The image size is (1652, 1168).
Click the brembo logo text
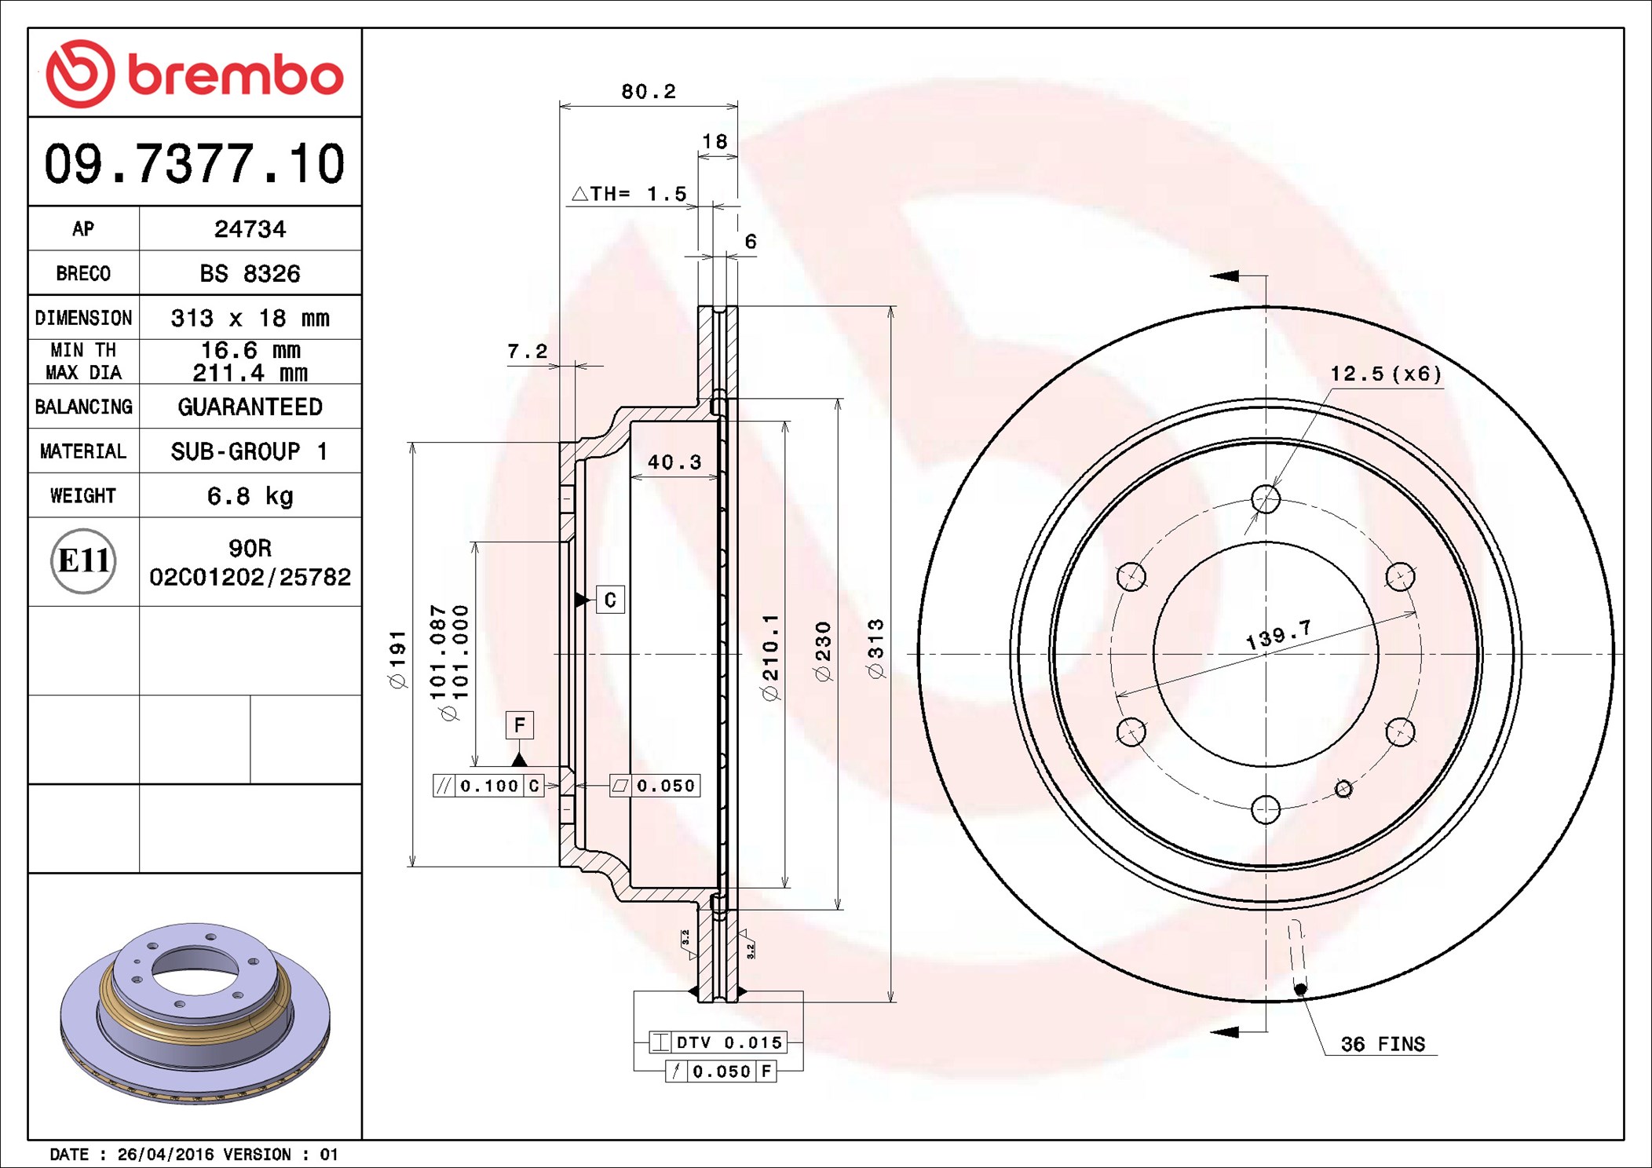click(x=235, y=75)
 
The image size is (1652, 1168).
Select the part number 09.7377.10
click(x=194, y=164)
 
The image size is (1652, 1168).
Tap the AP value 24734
click(x=250, y=229)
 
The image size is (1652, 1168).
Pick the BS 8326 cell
click(x=250, y=273)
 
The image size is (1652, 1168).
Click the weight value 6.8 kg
click(x=250, y=496)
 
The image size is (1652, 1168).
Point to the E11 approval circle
click(x=83, y=561)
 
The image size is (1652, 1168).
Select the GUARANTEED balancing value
click(x=250, y=407)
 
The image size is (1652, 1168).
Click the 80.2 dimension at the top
click(x=649, y=92)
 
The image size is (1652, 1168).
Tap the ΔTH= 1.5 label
click(x=629, y=193)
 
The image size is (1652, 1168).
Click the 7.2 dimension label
click(x=527, y=351)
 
